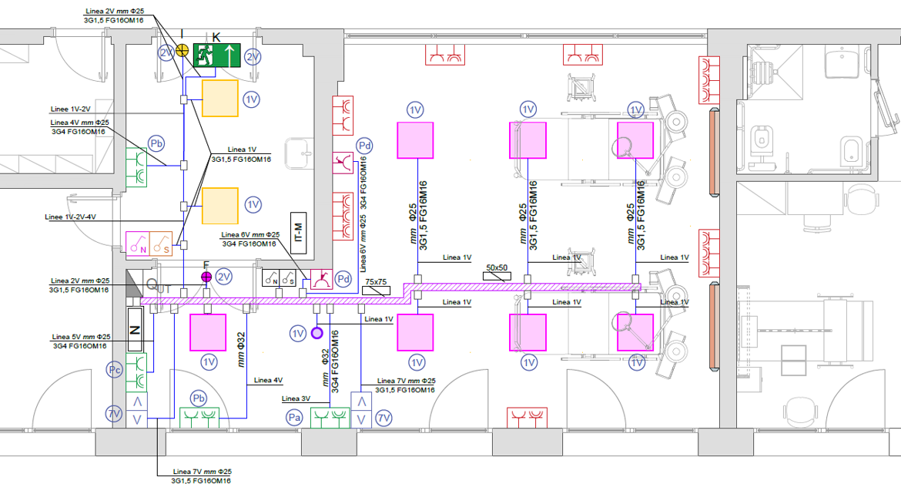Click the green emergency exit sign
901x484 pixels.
click(x=216, y=55)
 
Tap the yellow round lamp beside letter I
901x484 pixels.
click(x=183, y=50)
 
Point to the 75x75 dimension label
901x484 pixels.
click(x=377, y=282)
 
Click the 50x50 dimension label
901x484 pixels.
click(x=497, y=268)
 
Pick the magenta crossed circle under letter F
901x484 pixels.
click(x=206, y=277)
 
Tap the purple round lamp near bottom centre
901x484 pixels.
click(x=317, y=333)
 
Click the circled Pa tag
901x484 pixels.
click(x=295, y=417)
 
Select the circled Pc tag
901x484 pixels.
click(x=115, y=370)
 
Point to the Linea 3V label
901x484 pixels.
click(x=296, y=398)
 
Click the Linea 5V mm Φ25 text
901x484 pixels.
click(x=81, y=337)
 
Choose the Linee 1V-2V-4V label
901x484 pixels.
click(x=70, y=217)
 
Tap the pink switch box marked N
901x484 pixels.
click(x=138, y=243)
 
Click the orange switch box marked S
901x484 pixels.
click(x=161, y=243)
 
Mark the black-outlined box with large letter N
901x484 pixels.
click(x=135, y=329)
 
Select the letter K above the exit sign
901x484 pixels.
click(x=216, y=37)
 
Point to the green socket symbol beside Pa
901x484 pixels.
click(x=330, y=418)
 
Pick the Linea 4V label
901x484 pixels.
click(x=268, y=380)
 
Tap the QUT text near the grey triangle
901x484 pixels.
click(x=159, y=285)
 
